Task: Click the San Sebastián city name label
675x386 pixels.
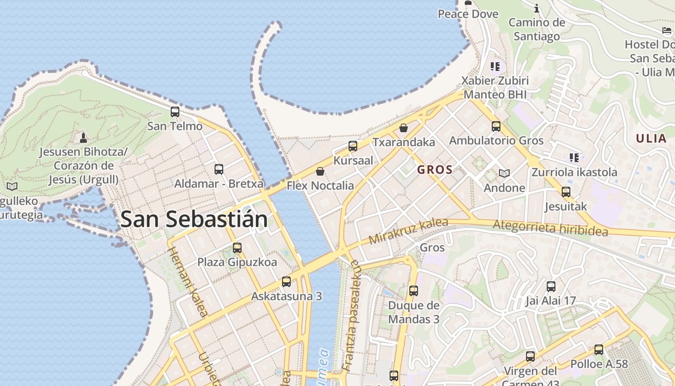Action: coord(194,220)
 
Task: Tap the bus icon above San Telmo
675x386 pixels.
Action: coord(175,112)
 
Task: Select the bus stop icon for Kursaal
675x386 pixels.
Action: coord(353,146)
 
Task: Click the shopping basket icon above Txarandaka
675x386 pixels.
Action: coord(404,128)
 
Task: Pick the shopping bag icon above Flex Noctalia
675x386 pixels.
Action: coord(320,171)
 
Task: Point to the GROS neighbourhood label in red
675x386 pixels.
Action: coord(435,170)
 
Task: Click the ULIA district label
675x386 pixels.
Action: coord(651,139)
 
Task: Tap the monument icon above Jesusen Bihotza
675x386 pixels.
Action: coord(83,138)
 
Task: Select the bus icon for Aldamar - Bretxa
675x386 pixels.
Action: coord(219,169)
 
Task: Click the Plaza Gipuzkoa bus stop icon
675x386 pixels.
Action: coord(237,248)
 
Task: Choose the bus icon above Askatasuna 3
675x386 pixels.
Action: coord(286,282)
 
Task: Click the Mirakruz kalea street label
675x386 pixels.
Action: coord(408,231)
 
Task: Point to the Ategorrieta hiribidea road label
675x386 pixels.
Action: coord(550,228)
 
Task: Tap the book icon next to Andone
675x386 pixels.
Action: coord(504,173)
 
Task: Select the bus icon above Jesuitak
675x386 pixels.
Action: coord(566,192)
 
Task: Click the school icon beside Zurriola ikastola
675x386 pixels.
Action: coord(574,157)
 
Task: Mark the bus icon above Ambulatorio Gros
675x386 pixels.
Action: coord(496,126)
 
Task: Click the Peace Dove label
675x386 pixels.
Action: coord(468,14)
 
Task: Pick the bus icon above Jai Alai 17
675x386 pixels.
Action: coord(551,286)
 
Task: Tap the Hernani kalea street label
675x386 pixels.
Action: coord(189,282)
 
